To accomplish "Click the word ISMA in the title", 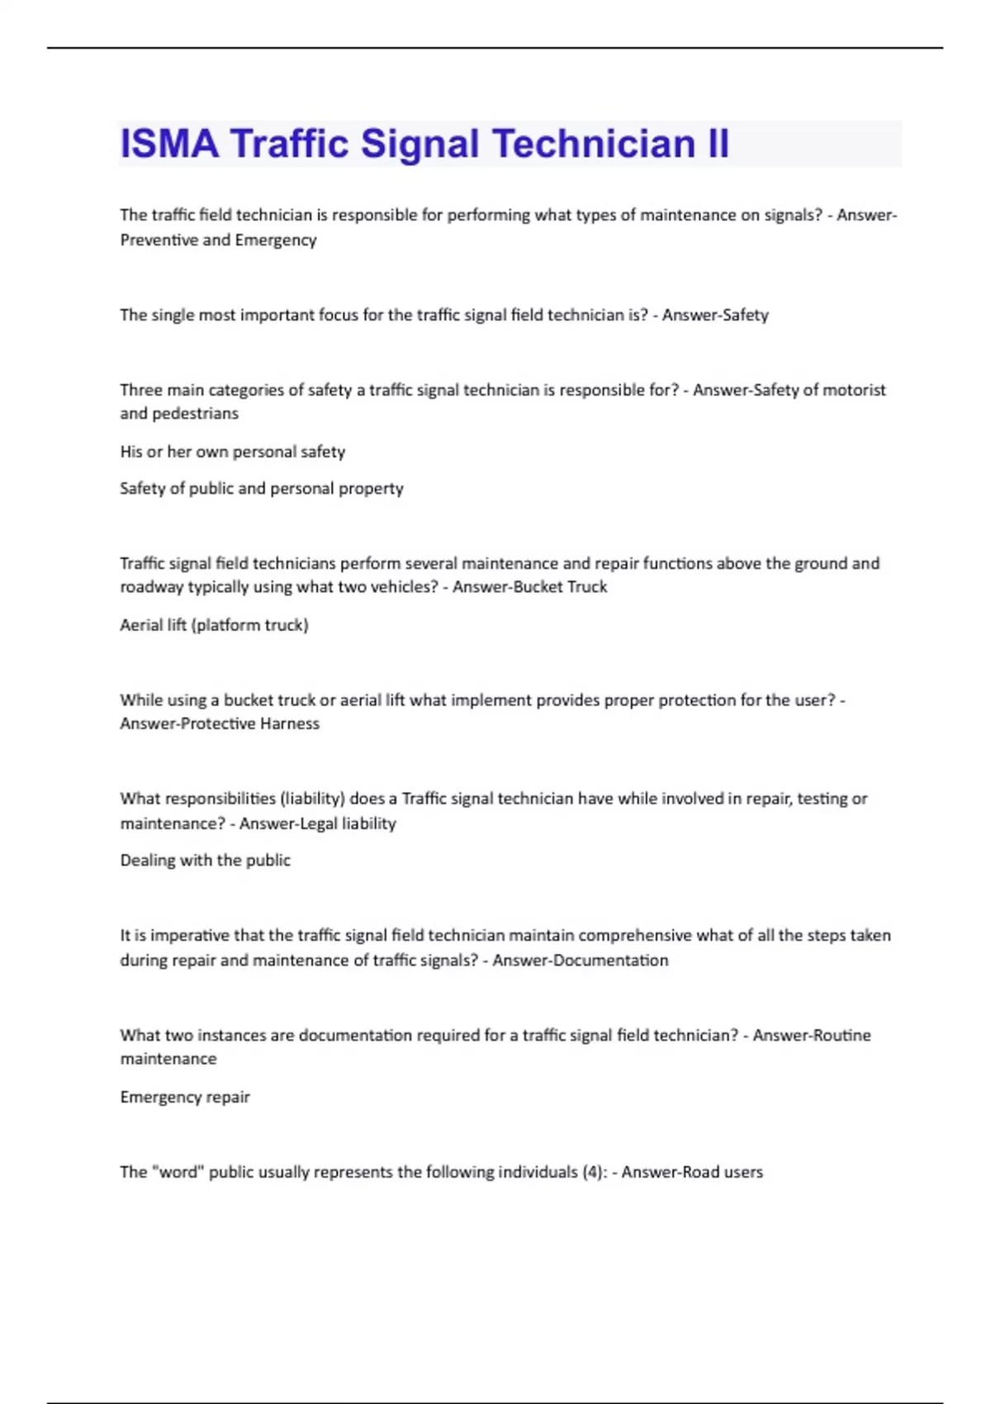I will [x=169, y=144].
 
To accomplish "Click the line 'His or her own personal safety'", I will [x=232, y=452].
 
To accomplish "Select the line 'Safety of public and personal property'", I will [x=261, y=489].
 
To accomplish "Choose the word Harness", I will [x=289, y=723].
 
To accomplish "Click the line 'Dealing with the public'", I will [x=205, y=861].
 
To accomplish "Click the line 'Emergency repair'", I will [x=184, y=1098].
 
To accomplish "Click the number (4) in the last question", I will [x=594, y=1172].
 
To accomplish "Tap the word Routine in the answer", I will [x=842, y=1036].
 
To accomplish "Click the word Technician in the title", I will [x=594, y=144].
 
